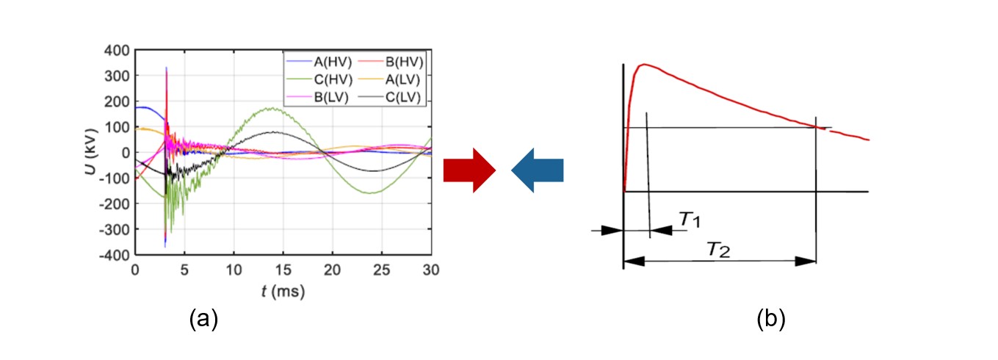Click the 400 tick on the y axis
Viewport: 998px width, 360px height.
coord(118,50)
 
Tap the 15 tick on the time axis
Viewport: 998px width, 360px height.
coord(283,270)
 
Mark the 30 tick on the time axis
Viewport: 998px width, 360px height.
coord(432,270)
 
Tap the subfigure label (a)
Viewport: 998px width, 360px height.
coord(203,319)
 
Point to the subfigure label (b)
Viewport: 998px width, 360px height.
coord(771,319)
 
